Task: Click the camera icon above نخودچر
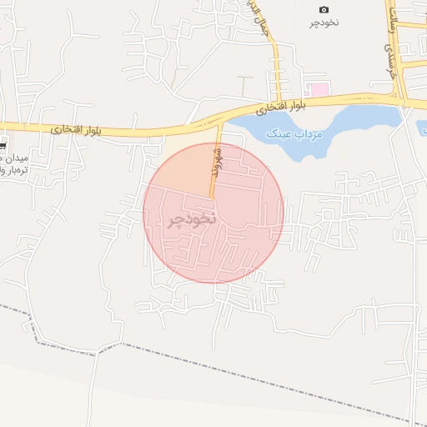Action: coord(324,9)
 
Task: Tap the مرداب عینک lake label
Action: coord(289,133)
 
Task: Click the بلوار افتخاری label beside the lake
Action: coord(282,107)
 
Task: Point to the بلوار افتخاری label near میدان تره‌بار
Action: coord(73,129)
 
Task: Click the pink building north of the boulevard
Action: coord(318,88)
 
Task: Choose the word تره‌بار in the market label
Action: coord(15,170)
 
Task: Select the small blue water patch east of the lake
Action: coord(421,128)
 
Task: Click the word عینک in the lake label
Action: coord(277,133)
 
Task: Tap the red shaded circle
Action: coord(250,250)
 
